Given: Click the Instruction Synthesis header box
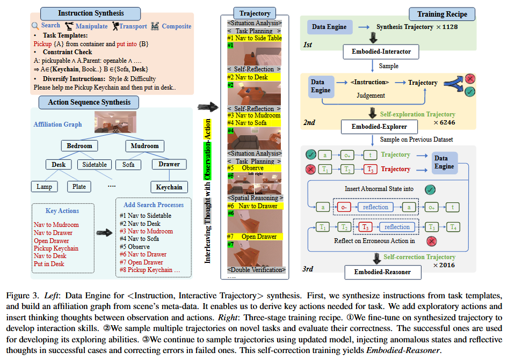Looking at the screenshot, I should point(90,13).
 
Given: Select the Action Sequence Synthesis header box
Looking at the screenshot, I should point(90,101).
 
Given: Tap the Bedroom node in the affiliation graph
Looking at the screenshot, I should point(79,145).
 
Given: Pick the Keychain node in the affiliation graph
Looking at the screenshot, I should point(169,187).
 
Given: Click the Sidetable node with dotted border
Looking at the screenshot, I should point(95,165).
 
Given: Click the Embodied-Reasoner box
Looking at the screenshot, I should point(382,273).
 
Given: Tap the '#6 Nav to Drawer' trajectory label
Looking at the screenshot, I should point(254,206).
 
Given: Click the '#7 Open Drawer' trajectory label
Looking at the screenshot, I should point(255,237).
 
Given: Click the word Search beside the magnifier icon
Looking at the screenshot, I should point(50,25).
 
